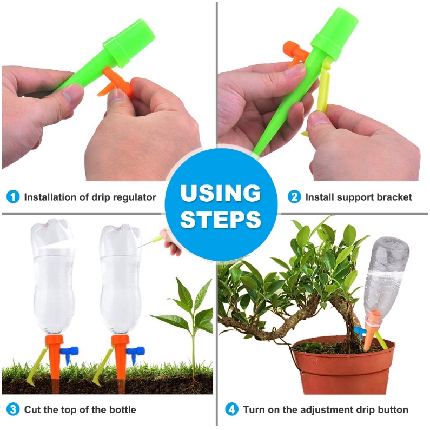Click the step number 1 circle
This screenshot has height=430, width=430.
pyautogui.click(x=13, y=197)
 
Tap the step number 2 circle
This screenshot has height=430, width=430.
pyautogui.click(x=294, y=197)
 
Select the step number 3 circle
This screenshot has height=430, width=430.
pyautogui.click(x=13, y=409)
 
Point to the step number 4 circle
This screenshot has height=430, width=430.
pyautogui.click(x=232, y=409)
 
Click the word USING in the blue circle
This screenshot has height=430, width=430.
pyautogui.click(x=221, y=193)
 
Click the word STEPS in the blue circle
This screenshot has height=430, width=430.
pyautogui.click(x=221, y=219)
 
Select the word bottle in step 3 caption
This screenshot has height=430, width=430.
pyautogui.click(x=123, y=409)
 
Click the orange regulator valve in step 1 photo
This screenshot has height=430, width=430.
pyautogui.click(x=116, y=83)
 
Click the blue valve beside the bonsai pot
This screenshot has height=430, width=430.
pyautogui.click(x=360, y=333)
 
